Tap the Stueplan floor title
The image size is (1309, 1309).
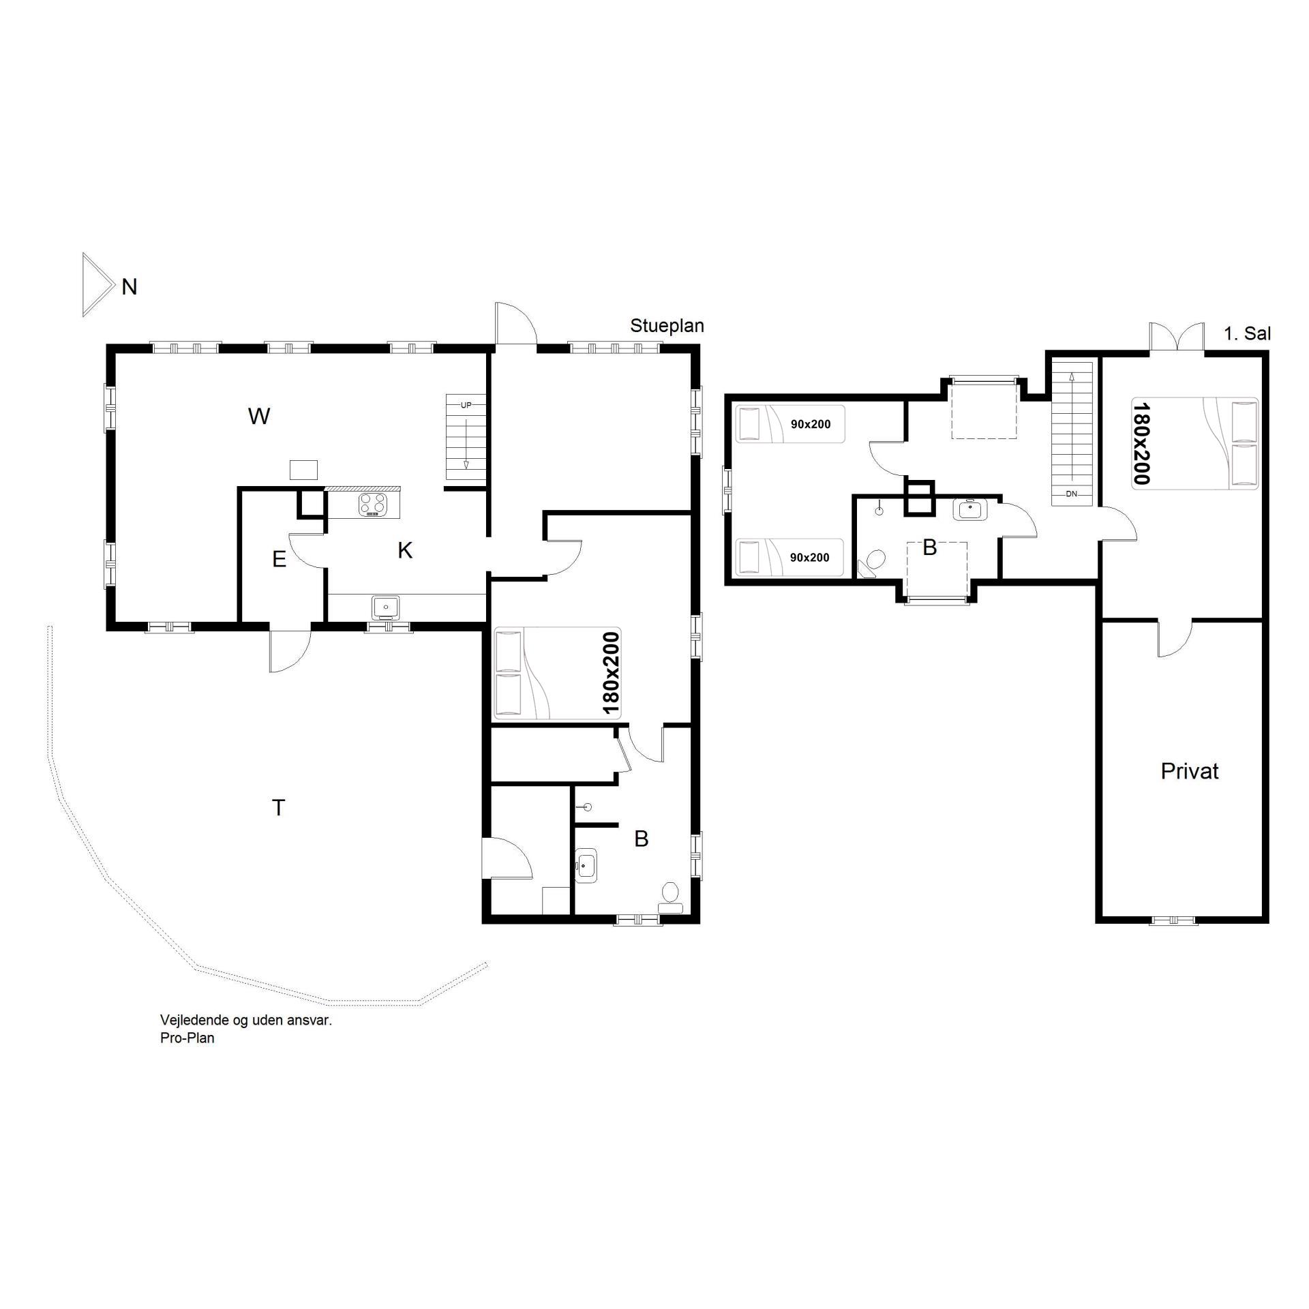click(667, 326)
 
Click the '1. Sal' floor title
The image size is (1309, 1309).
click(1247, 334)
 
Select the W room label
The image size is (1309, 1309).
click(259, 416)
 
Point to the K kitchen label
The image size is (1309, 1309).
click(405, 551)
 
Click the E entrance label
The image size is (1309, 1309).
click(279, 560)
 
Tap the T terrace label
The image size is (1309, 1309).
click(278, 808)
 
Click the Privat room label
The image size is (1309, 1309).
click(1190, 771)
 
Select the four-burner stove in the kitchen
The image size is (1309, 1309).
click(373, 505)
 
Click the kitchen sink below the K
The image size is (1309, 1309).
click(386, 606)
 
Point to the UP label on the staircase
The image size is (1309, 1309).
click(466, 405)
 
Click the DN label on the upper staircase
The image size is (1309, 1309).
click(1072, 494)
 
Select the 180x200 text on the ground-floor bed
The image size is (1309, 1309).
click(611, 674)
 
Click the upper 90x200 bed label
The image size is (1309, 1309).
click(811, 424)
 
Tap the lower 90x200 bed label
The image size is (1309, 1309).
click(810, 558)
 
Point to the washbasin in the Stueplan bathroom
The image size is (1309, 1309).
click(586, 866)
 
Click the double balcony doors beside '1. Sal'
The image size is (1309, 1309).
click(1177, 337)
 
